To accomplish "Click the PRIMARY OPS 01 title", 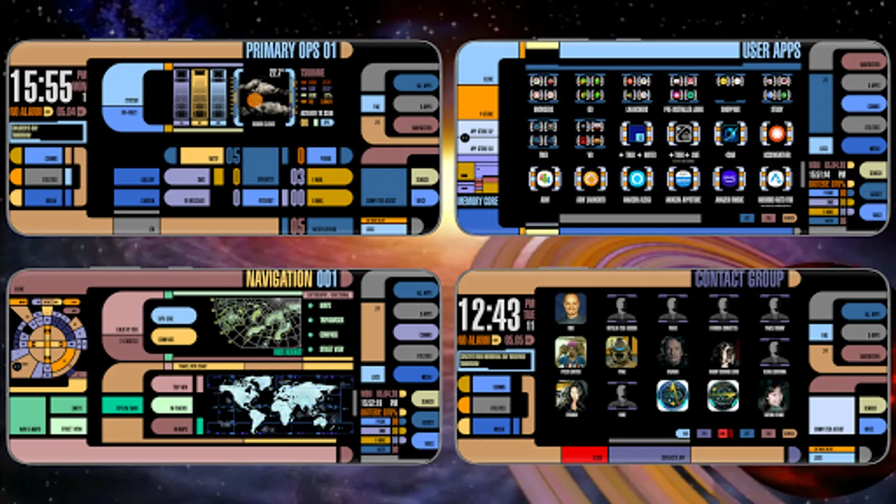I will point(291,50).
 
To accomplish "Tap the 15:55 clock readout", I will point(41,86).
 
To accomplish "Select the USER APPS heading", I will point(771,50).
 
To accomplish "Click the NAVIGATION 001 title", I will point(291,279).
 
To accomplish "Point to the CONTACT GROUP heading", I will point(739,278).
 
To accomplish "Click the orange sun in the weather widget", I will point(255,100).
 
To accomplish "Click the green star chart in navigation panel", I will point(256,321).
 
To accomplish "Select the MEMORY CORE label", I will point(478,200).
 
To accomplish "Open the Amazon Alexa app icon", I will point(637,179).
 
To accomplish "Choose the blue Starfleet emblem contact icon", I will point(672,395).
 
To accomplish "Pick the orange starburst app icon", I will point(776,134).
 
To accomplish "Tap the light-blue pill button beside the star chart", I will point(174,316).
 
